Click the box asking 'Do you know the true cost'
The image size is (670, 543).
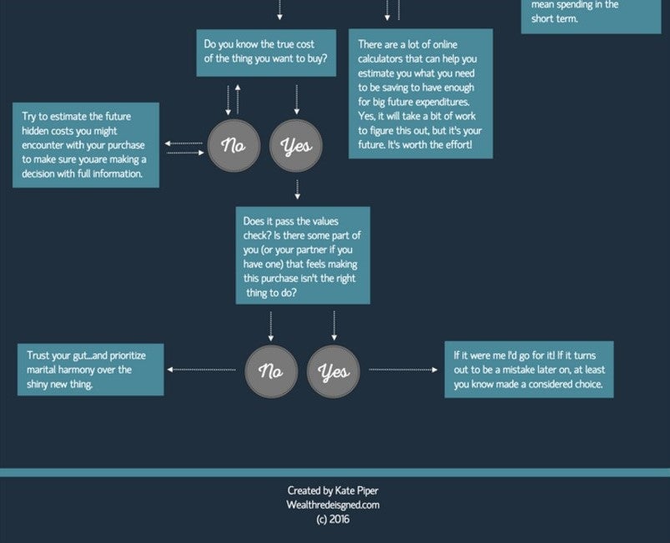[x=266, y=53]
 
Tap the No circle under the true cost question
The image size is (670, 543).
[x=234, y=146]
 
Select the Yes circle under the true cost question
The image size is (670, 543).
[x=296, y=146]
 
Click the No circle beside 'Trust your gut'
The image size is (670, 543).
[x=271, y=372]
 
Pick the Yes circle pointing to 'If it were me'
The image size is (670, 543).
[x=333, y=372]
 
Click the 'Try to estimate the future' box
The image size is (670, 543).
[x=86, y=145]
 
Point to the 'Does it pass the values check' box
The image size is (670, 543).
[x=303, y=255]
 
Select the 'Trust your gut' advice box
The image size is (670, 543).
[x=91, y=370]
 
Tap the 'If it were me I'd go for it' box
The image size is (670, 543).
[x=529, y=370]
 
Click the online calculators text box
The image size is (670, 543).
[x=421, y=93]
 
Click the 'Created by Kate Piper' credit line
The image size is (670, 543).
[x=333, y=491]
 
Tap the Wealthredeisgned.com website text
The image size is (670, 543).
[x=333, y=505]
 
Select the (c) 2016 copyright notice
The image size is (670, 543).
[x=333, y=520]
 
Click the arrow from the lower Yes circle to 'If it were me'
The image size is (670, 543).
[x=403, y=370]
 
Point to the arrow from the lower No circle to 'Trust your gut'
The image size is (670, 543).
[x=201, y=370]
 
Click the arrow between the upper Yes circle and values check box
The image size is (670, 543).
[x=297, y=189]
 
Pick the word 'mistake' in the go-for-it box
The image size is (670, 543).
[x=521, y=370]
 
